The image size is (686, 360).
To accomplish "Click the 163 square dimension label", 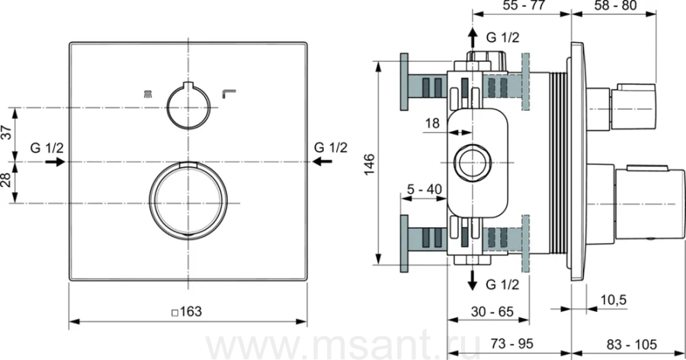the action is pyautogui.click(x=187, y=311).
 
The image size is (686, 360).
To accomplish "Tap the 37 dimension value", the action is pyautogui.click(x=7, y=131).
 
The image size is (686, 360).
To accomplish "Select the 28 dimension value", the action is pyautogui.click(x=7, y=179).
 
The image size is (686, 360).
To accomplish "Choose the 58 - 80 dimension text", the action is pyautogui.click(x=615, y=5).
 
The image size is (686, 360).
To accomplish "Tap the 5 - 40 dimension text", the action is pyautogui.click(x=425, y=189).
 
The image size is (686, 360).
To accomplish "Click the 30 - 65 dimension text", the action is pyautogui.click(x=492, y=311).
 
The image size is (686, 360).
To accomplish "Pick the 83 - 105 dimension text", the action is pyautogui.click(x=632, y=344).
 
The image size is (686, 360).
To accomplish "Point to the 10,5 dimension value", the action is pyautogui.click(x=614, y=300).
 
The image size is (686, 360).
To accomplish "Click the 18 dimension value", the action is pyautogui.click(x=432, y=123).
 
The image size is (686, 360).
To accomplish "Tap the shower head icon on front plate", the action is pyautogui.click(x=147, y=93).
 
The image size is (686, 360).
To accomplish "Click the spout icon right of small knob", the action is pyautogui.click(x=229, y=94).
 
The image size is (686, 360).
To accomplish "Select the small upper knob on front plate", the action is pyautogui.click(x=188, y=105).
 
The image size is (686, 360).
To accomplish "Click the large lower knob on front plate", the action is pyautogui.click(x=188, y=201).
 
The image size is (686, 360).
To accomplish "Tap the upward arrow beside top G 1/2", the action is pyautogui.click(x=472, y=37).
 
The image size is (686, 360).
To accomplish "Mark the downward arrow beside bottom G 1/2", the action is pyautogui.click(x=472, y=280).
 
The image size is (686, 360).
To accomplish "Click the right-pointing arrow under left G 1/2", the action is pyautogui.click(x=55, y=162).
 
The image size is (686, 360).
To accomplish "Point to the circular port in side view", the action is pyautogui.click(x=473, y=162).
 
